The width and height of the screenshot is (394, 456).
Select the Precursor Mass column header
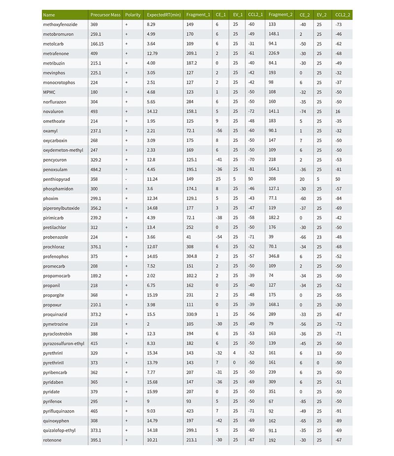pyautogui.click(x=105, y=14)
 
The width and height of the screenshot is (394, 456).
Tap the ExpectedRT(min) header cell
pyautogui.click(x=164, y=14)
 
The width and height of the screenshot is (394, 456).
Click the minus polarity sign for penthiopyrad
pyautogui.click(x=127, y=179)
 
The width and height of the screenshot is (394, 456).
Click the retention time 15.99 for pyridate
pyautogui.click(x=154, y=391)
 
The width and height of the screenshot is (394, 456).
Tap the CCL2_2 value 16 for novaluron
pyautogui.click(x=337, y=111)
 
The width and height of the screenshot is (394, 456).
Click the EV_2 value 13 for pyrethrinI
pyautogui.click(x=319, y=353)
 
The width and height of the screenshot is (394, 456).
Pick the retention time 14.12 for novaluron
pyautogui.click(x=154, y=111)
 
